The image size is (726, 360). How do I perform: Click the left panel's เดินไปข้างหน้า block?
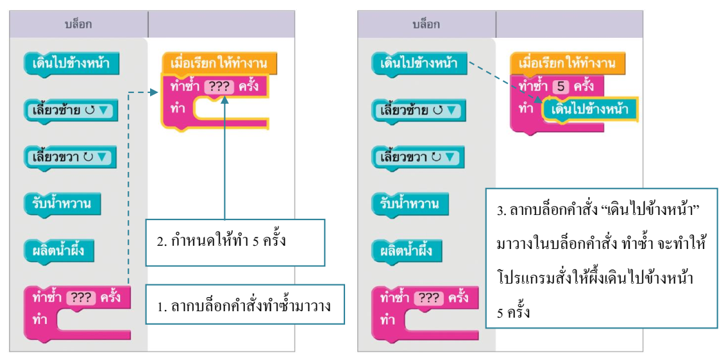click(x=72, y=64)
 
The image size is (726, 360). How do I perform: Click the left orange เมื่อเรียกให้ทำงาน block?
click(x=219, y=62)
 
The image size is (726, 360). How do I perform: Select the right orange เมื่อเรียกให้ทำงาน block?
click(x=568, y=62)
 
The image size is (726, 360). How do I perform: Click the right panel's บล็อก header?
click(x=426, y=24)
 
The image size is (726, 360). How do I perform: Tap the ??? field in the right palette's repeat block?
click(x=429, y=298)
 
